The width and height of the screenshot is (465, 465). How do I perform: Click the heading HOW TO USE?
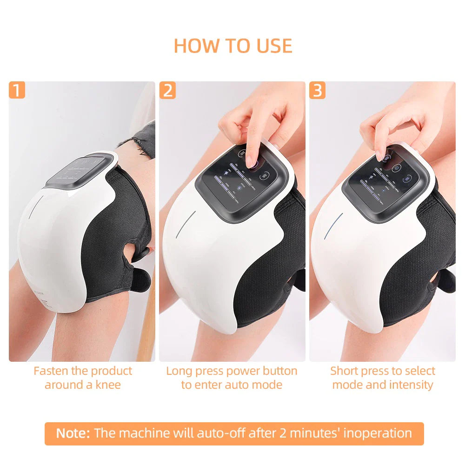232,46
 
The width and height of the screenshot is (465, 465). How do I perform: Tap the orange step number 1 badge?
17,90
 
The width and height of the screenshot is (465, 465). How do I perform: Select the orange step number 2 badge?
167,90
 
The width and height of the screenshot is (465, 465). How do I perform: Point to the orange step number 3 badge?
317,90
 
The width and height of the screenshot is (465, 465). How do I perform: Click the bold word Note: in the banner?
73,433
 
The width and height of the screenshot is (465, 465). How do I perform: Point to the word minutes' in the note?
316,433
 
